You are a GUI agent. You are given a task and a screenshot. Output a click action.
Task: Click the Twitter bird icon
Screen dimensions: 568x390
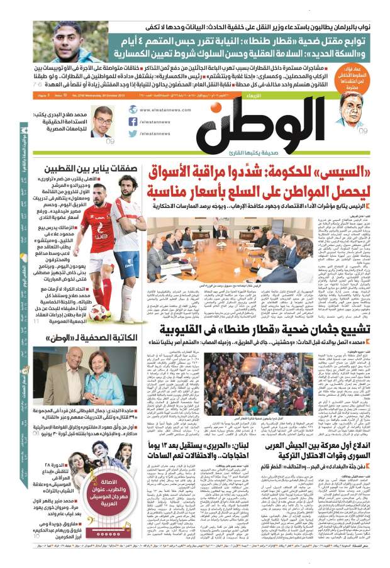point(133,134)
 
